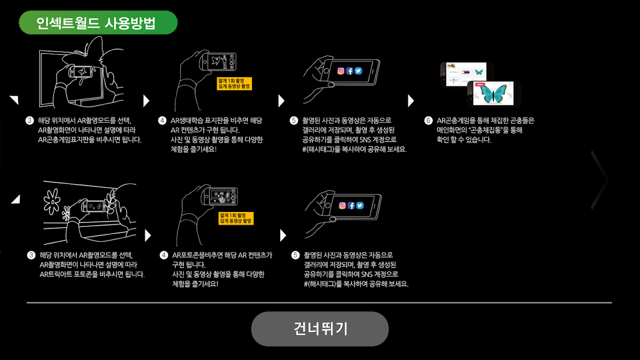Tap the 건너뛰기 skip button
[x=320, y=329]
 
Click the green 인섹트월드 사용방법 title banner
[x=98, y=22]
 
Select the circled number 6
[x=428, y=121]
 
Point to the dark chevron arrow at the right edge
[x=600, y=180]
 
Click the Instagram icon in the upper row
[x=341, y=71]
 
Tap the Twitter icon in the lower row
[x=360, y=206]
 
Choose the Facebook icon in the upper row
[x=350, y=71]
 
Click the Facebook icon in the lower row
[x=351, y=206]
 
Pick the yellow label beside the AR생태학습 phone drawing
[x=234, y=83]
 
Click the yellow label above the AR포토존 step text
[x=236, y=218]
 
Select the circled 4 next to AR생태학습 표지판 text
[x=162, y=121]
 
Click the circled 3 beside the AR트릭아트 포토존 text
[x=31, y=256]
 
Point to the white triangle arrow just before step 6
[x=410, y=101]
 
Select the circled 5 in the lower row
[x=295, y=256]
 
